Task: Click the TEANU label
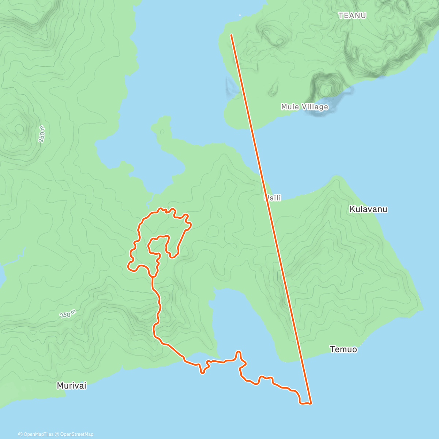(352, 15)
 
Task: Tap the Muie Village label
(304, 107)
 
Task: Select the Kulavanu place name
(368, 209)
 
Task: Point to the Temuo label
(343, 349)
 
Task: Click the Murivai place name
(72, 385)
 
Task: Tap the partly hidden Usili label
(273, 198)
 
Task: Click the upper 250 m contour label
(42, 134)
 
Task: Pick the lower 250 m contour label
(68, 314)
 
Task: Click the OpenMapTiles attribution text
(36, 434)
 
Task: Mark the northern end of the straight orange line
(231, 35)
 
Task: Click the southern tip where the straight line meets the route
(311, 404)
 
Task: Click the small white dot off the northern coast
(240, 15)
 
